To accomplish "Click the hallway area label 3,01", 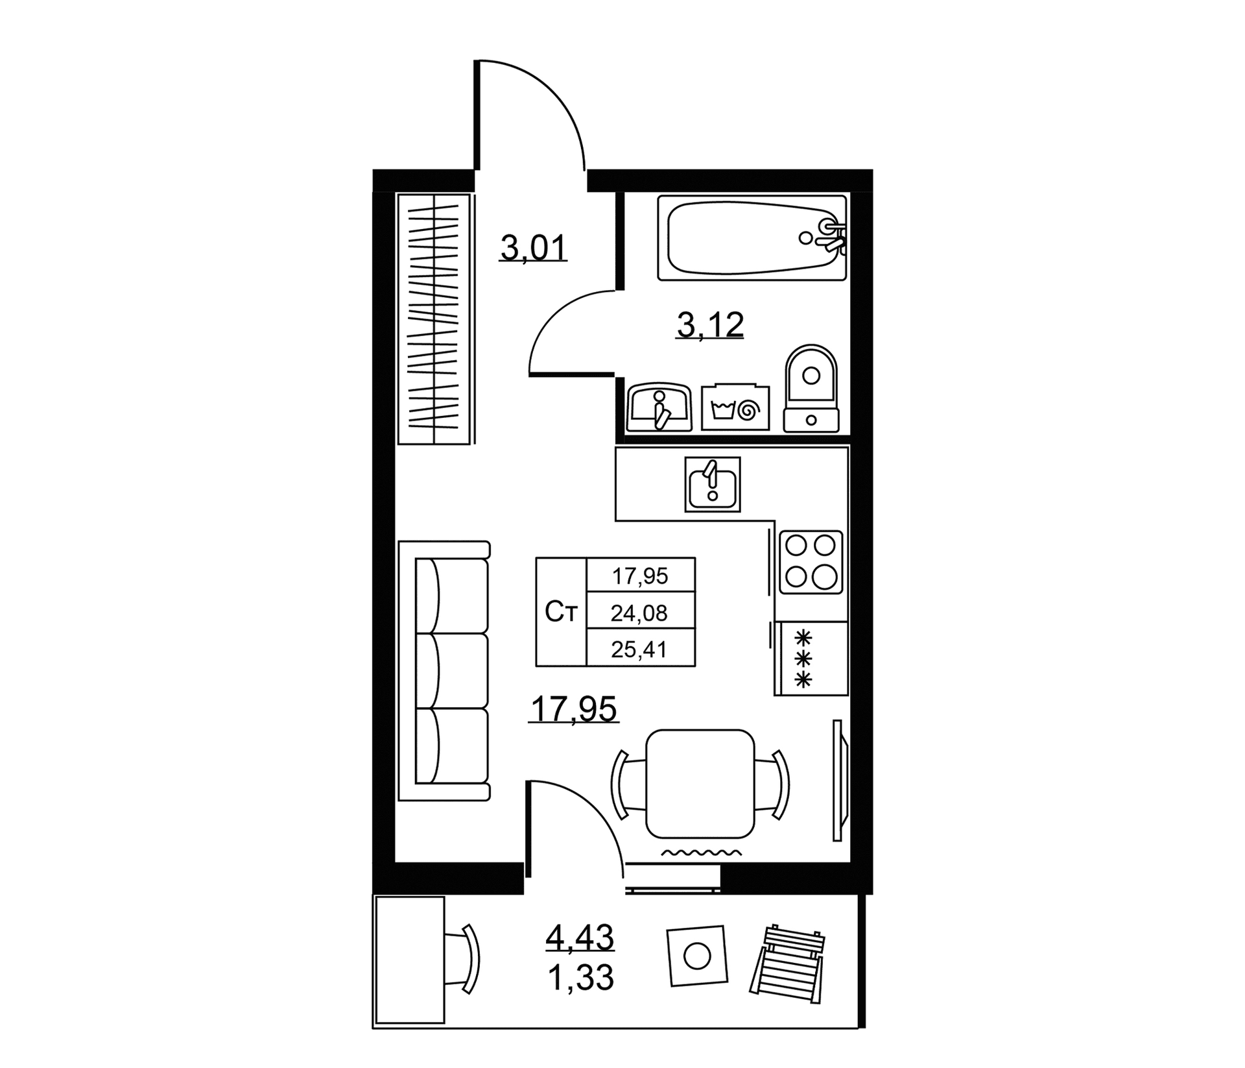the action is coord(533,248).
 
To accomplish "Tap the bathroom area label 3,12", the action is coord(710,325).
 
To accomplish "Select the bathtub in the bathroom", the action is coord(752,238).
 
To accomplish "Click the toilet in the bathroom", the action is coord(811,388).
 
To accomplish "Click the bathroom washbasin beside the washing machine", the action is coord(659,407).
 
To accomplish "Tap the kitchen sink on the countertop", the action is coord(712,484).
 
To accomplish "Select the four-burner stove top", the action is coord(811,562).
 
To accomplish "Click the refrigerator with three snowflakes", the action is coord(811,659).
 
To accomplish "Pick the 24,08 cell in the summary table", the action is coord(640,613).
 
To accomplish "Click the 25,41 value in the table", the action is coord(640,648).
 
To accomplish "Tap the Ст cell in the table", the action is coord(561,612).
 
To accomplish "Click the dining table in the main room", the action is coord(700,783).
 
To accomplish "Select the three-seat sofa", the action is coord(444,670).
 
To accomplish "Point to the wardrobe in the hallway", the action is coord(434,319).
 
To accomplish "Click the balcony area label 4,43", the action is coord(580,937).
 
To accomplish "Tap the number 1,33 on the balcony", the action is coord(580,977).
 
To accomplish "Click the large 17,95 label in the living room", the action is coord(574,709).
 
